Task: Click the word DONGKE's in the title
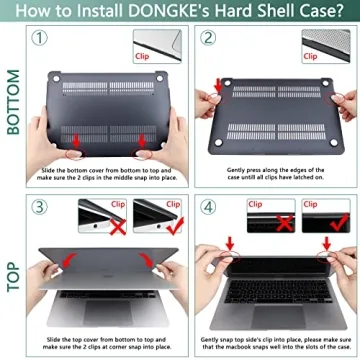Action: tap(181, 12)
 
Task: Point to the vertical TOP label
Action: tap(14, 265)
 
